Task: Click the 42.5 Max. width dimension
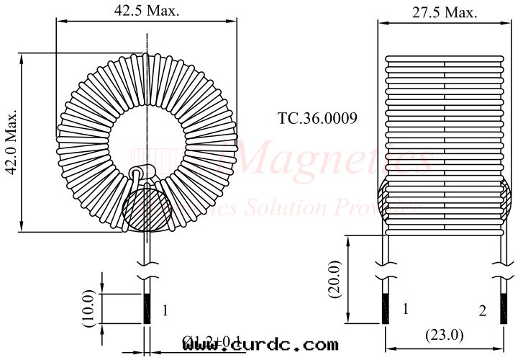coord(147,11)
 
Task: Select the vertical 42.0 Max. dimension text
coord(11,142)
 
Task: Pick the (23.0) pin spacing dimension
coord(444,335)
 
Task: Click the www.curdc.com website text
coord(260,345)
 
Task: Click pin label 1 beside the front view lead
coord(165,311)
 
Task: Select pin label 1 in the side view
coord(405,309)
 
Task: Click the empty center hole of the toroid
coord(147,132)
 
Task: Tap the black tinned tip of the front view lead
coord(147,309)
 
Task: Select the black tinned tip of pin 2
coord(501,309)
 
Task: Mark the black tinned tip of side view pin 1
coord(386,309)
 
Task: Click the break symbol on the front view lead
coord(147,276)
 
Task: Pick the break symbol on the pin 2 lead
coord(501,276)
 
